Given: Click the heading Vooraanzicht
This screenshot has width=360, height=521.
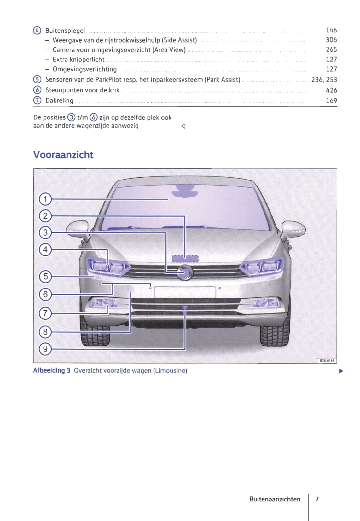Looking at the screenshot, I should coord(63,155).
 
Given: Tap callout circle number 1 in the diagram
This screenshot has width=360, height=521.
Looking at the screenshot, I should coord(45,199).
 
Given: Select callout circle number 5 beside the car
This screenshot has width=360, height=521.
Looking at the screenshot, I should coord(45,277).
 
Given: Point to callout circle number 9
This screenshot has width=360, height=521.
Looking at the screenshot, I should coord(45,349).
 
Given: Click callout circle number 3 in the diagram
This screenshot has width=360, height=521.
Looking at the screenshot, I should coord(45,233).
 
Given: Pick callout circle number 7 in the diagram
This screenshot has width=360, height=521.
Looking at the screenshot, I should coord(45,313).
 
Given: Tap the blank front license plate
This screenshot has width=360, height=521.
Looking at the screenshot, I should coord(185,292).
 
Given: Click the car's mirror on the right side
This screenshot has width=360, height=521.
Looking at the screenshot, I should coord(293,228).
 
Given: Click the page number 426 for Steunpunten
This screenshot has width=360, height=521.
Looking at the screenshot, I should coord(331,90).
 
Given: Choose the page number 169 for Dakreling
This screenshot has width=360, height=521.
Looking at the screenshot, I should coord(331,101).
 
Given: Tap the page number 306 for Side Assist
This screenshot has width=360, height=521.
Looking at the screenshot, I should coord(331,40).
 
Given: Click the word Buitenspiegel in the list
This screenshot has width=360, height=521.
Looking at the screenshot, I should coord(65,31).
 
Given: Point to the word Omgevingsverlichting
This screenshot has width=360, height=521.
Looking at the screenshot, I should coord(84,69).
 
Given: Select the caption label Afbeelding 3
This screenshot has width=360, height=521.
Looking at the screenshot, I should coord(52,370).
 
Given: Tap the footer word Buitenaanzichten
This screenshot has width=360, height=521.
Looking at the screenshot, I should coord(275,499).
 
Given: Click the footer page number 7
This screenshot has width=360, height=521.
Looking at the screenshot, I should coord(317,499).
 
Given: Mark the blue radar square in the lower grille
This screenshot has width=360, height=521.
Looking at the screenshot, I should coord(185,307).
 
